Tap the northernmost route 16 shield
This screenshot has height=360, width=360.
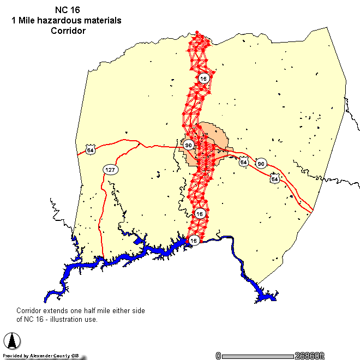pos(203,79)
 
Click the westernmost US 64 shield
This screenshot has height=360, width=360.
pos(90,149)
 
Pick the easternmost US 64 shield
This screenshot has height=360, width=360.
pos(274,179)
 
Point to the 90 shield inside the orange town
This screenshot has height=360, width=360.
pos(188,145)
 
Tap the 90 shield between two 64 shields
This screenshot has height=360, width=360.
pos(261,164)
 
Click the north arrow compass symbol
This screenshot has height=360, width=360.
pos(12,341)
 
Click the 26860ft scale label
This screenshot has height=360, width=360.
pos(309,356)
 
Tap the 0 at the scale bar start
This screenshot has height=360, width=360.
pos(218,356)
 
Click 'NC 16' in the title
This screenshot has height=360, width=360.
pos(66,10)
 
